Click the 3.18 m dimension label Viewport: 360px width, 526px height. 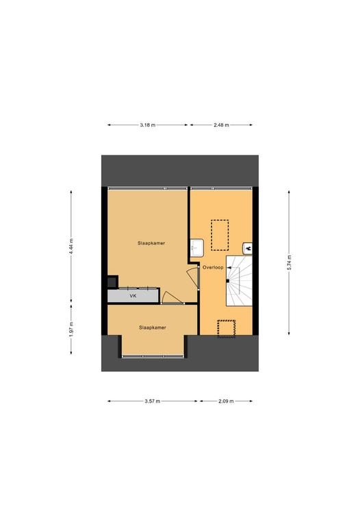[147, 125]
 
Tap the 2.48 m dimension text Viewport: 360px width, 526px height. [221, 125]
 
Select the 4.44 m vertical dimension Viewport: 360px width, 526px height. [71, 247]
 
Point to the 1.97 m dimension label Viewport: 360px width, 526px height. [71, 329]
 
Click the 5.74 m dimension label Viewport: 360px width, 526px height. [289, 263]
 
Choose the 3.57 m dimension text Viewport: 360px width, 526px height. [152, 401]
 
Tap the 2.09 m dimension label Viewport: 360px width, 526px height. [226, 401]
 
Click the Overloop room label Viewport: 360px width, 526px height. [213, 267]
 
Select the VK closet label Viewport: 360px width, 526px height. [133, 296]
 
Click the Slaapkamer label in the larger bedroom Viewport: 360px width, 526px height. [151, 243]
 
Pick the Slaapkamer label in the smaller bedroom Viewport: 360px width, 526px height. [153, 327]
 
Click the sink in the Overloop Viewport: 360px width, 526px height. [196, 245]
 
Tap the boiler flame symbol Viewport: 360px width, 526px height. [247, 248]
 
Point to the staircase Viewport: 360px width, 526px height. [239, 281]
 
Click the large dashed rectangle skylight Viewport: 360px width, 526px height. [220, 235]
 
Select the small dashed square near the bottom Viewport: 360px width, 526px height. [227, 329]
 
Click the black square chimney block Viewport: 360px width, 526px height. [113, 281]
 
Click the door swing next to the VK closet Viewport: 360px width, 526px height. [172, 297]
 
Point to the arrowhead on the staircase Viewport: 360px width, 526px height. [229, 268]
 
